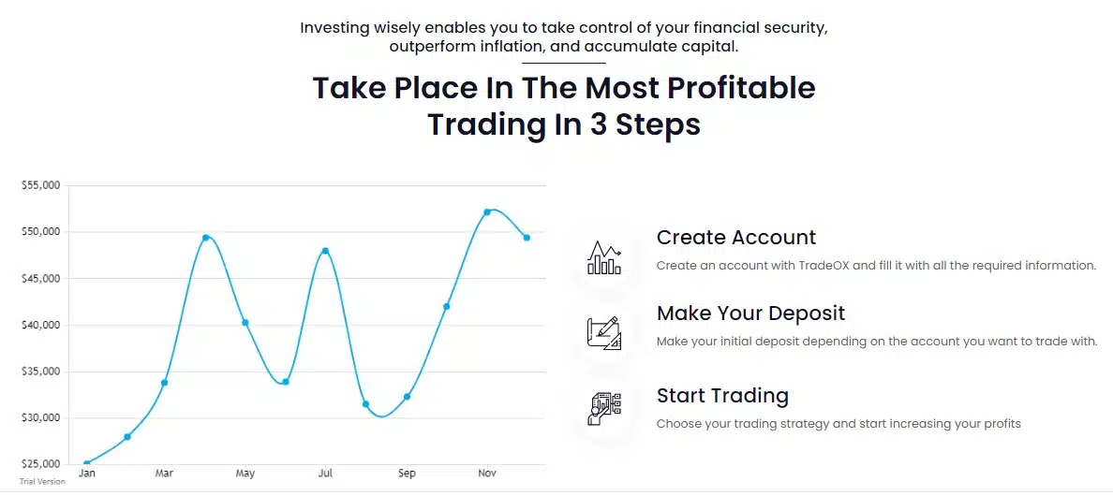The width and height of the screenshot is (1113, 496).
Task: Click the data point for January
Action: pyautogui.click(x=86, y=464)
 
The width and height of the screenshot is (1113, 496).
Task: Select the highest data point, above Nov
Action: pyautogui.click(x=487, y=212)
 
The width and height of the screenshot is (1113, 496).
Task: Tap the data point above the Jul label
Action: pyautogui.click(x=326, y=251)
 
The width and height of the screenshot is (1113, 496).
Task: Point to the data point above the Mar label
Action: pyautogui.click(x=165, y=383)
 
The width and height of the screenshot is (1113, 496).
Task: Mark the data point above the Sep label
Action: pyautogui.click(x=407, y=397)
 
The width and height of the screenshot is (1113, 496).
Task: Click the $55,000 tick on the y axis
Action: pyautogui.click(x=40, y=185)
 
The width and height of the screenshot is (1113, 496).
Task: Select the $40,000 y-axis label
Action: pyautogui.click(x=40, y=326)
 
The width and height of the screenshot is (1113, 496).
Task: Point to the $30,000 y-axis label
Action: pyautogui.click(x=40, y=418)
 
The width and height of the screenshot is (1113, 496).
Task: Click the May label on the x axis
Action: pyautogui.click(x=245, y=474)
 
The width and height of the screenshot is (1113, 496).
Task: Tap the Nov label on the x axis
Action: pyautogui.click(x=487, y=473)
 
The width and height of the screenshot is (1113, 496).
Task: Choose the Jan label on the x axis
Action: pyautogui.click(x=86, y=473)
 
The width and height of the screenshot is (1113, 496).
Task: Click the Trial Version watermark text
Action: pyautogui.click(x=42, y=482)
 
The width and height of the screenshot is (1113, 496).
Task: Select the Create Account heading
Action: pyautogui.click(x=736, y=238)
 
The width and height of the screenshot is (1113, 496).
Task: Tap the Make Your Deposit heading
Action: pyautogui.click(x=751, y=314)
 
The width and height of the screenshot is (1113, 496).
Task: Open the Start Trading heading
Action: pyautogui.click(x=722, y=395)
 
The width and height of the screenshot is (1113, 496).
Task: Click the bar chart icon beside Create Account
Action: pyautogui.click(x=604, y=258)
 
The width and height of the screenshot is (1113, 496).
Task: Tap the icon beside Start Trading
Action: pyautogui.click(x=604, y=409)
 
